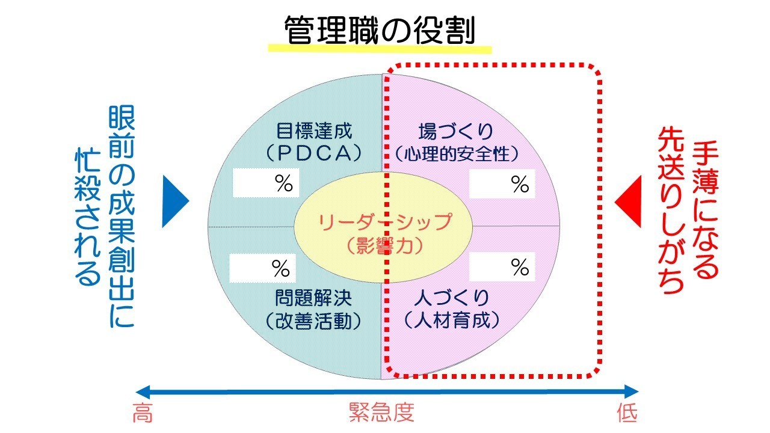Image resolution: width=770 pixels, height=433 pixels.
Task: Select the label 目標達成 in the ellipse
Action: (x=314, y=131)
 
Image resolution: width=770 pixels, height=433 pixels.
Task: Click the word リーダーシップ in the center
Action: (x=385, y=222)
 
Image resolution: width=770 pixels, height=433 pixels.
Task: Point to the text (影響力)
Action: (x=385, y=245)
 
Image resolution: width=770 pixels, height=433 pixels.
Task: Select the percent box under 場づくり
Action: (x=502, y=184)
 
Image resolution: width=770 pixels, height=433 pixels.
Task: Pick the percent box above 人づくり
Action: (x=502, y=267)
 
